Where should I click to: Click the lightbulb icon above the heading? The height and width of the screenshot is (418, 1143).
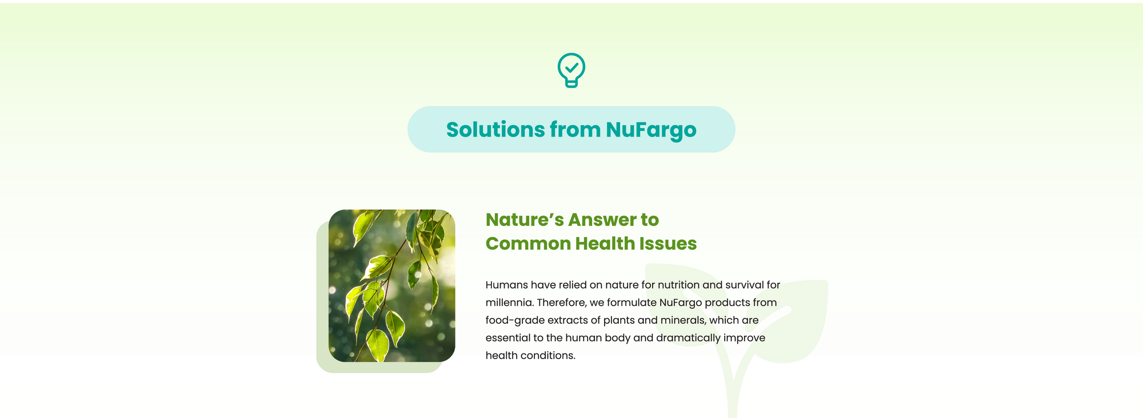[571, 70]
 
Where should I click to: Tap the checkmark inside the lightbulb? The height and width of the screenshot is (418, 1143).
[571, 67]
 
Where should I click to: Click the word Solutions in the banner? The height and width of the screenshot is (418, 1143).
[495, 130]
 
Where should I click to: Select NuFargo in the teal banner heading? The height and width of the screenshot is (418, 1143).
[651, 130]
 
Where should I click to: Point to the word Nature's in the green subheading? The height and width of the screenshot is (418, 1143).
[524, 220]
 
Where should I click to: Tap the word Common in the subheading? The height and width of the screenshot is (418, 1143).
[528, 244]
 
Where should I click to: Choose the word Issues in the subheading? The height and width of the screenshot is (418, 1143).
[668, 244]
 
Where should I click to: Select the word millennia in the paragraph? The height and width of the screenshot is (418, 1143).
[509, 302]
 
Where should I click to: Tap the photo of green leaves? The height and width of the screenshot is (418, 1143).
[392, 285]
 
